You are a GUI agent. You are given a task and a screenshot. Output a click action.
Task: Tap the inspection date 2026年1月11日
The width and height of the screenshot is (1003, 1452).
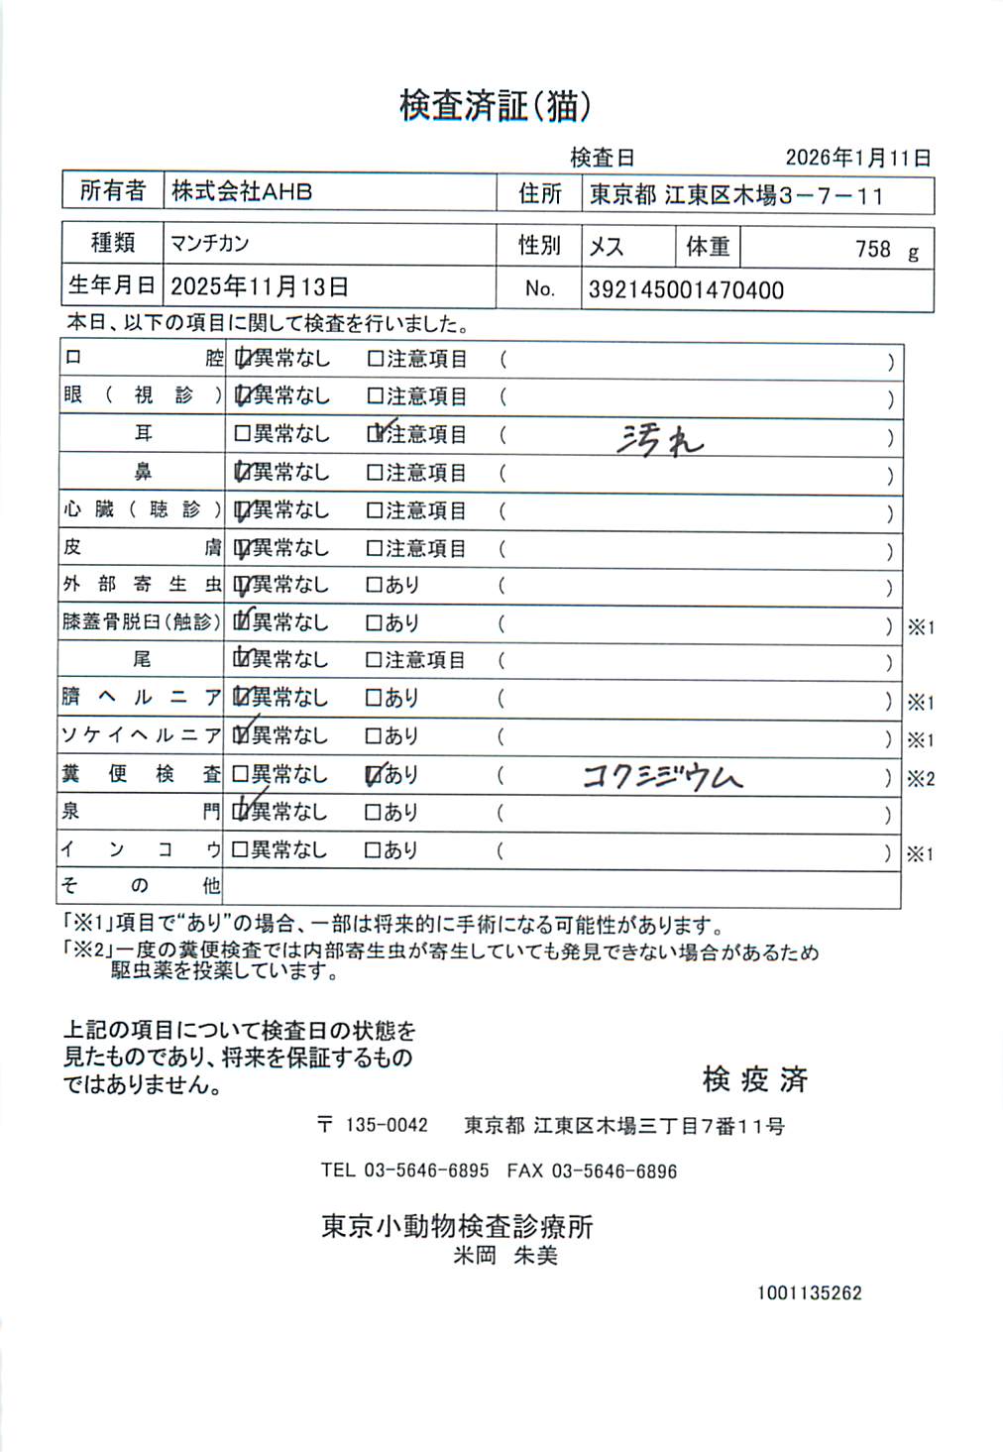point(857,158)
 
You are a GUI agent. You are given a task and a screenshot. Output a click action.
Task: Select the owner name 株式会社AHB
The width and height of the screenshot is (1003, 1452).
point(242,191)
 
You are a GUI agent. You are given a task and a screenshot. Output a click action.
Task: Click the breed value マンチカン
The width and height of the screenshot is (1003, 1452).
point(210,244)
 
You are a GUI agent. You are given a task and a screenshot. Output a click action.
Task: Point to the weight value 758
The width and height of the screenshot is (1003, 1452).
point(872,249)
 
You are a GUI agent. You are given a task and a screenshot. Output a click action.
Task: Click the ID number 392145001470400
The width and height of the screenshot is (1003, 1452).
point(686,290)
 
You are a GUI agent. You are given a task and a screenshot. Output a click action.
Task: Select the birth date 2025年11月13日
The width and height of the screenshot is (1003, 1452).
point(260,287)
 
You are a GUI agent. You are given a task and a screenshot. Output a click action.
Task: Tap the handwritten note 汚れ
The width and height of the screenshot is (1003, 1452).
point(658,438)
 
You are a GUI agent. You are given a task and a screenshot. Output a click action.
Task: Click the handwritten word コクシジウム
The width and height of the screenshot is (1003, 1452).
point(662,777)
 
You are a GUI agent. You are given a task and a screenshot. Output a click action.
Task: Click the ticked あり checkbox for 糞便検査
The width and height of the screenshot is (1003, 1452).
point(374,774)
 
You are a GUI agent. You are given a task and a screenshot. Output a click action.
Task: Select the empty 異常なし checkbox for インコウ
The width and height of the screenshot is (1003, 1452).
point(240,849)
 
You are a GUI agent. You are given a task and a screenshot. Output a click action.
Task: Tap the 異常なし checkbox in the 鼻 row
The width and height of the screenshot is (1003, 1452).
point(242,473)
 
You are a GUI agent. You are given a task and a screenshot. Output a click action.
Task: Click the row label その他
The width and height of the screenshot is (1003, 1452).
point(141,885)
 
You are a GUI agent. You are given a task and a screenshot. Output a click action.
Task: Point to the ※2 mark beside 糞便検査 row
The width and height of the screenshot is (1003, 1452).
point(920,779)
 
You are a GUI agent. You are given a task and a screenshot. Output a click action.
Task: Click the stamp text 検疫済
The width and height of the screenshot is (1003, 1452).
point(755,1079)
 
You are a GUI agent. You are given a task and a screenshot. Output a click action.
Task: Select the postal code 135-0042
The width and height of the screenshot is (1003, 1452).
point(387,1126)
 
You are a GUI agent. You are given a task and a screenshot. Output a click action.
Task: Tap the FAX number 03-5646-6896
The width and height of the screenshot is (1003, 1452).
point(613,1172)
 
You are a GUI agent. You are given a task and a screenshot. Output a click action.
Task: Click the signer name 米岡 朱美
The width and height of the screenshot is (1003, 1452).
point(505,1257)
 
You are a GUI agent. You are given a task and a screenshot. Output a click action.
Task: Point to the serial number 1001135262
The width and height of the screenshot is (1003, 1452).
point(809,1293)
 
